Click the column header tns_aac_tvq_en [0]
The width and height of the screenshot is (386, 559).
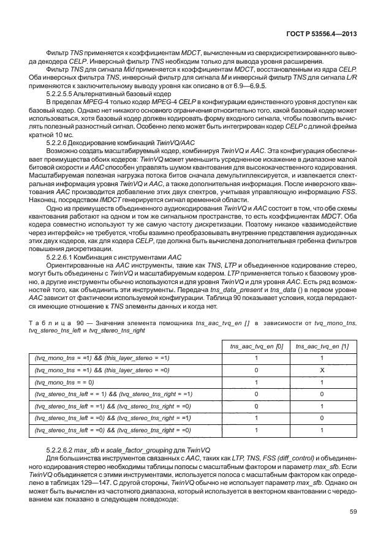pyautogui.click(x=256, y=347)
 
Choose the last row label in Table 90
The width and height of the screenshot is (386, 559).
pyautogui.click(x=113, y=430)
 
